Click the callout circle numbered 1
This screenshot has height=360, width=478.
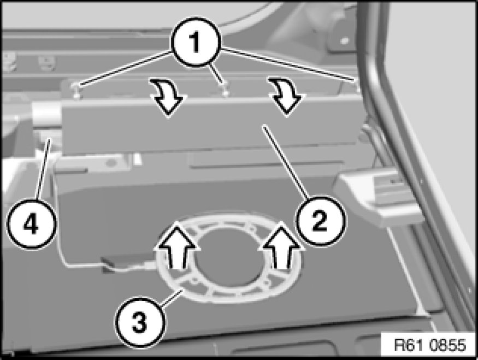pyautogui.click(x=196, y=42)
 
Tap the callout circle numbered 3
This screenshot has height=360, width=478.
pyautogui.click(x=140, y=322)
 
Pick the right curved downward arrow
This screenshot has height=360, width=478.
pyautogui.click(x=287, y=96)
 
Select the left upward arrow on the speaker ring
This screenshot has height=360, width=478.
pyautogui.click(x=176, y=245)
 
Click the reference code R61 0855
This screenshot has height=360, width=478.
pyautogui.click(x=430, y=345)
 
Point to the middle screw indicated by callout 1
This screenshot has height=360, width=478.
pyautogui.click(x=225, y=90)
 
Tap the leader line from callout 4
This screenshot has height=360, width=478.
pyautogui.click(x=43, y=169)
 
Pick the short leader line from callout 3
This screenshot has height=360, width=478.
pyautogui.click(x=172, y=297)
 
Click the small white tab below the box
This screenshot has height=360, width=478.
pyautogui.click(x=137, y=158)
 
